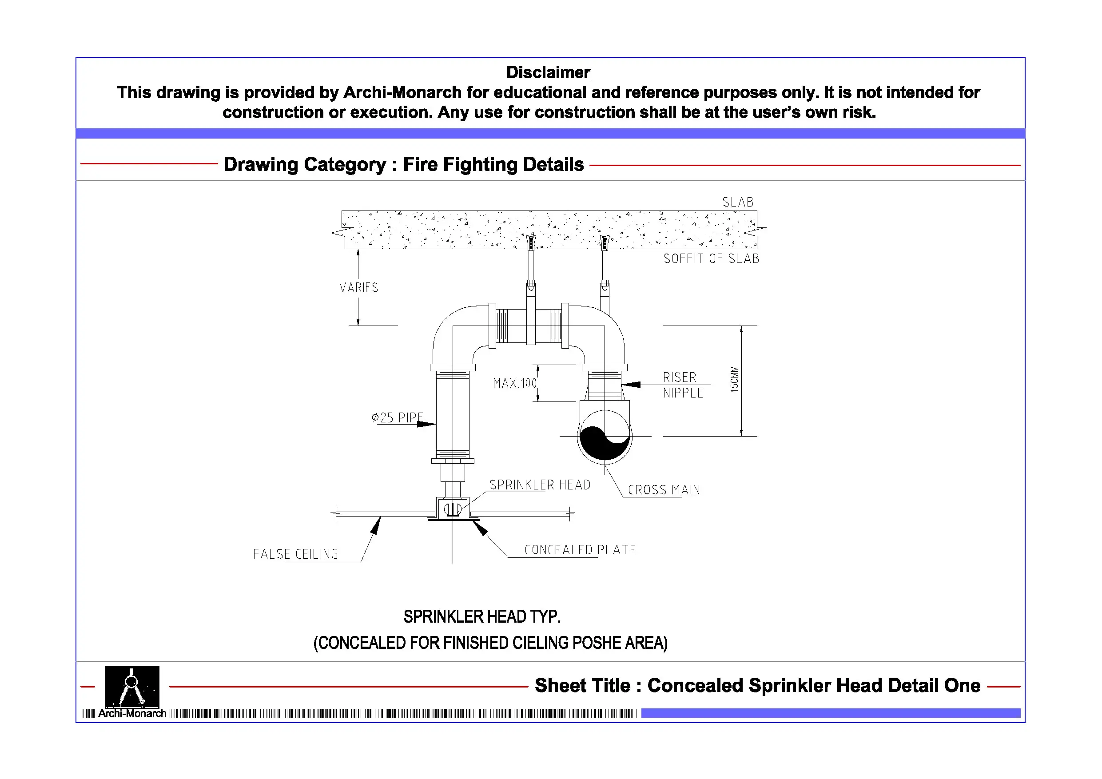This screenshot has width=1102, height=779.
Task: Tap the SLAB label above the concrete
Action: pos(738,203)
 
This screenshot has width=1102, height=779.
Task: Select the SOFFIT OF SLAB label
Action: pos(711,259)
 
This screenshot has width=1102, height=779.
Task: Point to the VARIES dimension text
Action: pos(358,288)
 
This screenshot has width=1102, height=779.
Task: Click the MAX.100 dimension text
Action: pos(514,383)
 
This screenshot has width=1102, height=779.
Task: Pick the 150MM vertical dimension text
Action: pos(734,379)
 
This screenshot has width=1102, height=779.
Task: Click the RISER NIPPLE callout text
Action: pos(683,385)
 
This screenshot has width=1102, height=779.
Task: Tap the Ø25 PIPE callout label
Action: pos(397,417)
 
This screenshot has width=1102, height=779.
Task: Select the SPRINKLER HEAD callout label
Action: pos(540,485)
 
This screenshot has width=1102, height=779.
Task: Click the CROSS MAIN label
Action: pos(664,490)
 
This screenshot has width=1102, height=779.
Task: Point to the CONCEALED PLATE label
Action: pos(580,549)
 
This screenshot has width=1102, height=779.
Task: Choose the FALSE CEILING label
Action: pos(295,554)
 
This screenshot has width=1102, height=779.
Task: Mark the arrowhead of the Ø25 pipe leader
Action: pos(427,424)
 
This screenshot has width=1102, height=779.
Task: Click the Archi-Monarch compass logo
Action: pos(132,687)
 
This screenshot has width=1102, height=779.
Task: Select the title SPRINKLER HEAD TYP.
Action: pos(481,617)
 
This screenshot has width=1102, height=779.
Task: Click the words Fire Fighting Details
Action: pos(493,165)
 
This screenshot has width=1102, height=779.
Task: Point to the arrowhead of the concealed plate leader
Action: pos(481,529)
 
